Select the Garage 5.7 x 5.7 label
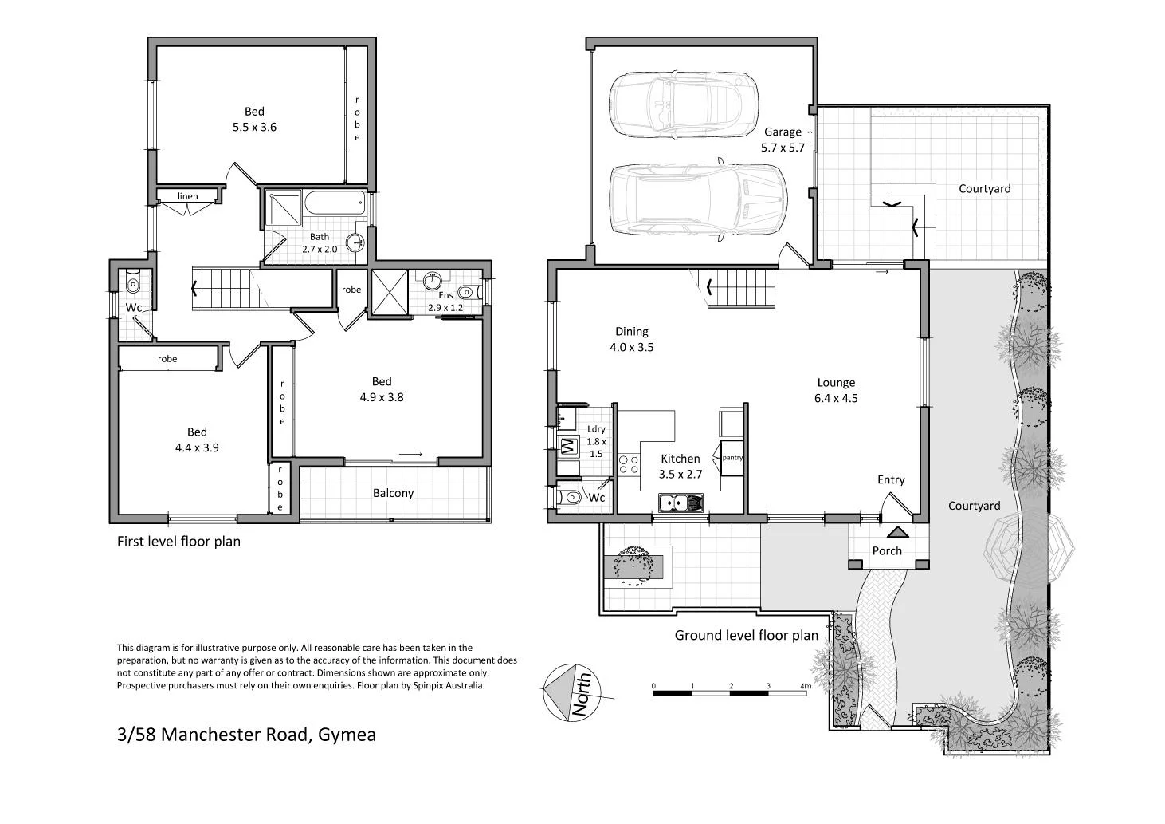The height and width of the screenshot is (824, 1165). click(x=784, y=140)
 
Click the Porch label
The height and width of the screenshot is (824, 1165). click(x=887, y=550)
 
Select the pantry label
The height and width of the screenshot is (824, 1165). click(x=732, y=458)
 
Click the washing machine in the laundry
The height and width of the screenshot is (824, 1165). click(x=569, y=447)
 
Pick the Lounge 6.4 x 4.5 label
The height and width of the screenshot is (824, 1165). click(x=836, y=391)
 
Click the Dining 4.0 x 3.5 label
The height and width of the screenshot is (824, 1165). click(x=632, y=339)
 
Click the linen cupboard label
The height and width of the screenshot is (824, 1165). click(x=188, y=196)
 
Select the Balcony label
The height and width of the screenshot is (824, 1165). click(x=393, y=493)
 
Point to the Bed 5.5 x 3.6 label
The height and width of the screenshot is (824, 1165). click(x=254, y=119)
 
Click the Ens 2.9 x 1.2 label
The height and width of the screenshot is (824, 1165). click(x=445, y=302)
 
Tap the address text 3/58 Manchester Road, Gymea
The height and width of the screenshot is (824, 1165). click(x=246, y=734)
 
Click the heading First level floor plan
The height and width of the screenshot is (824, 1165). click(x=178, y=541)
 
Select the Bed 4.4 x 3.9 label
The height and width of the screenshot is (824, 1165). click(x=197, y=440)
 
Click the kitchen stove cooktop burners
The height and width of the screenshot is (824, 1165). click(x=628, y=464)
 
